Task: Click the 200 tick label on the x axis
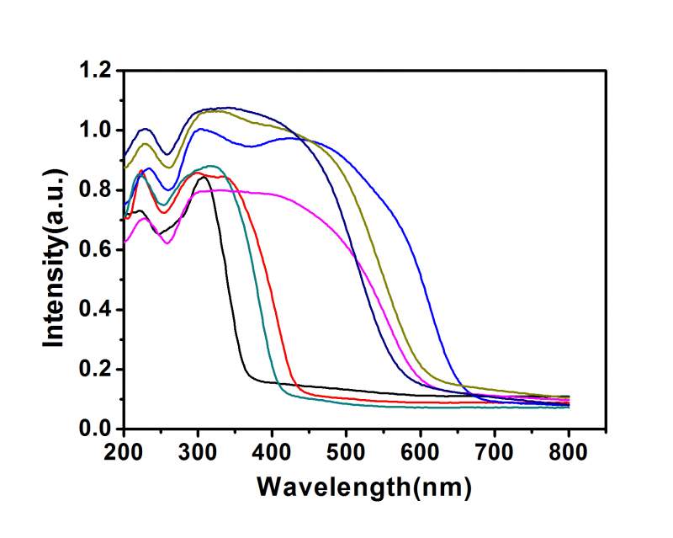[124, 451]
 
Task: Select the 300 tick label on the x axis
[198, 451]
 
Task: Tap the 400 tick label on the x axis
[272, 451]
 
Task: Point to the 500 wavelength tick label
[347, 451]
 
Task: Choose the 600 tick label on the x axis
[421, 451]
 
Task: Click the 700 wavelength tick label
[495, 451]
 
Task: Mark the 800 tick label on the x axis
[569, 451]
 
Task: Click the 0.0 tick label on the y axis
[96, 429]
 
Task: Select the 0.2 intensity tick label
[96, 370]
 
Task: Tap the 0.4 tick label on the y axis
[96, 310]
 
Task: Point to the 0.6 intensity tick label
[96, 250]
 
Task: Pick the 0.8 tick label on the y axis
[96, 190]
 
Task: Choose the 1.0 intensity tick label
[96, 131]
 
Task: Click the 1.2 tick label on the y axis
[96, 71]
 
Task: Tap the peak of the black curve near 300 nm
[202, 177]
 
